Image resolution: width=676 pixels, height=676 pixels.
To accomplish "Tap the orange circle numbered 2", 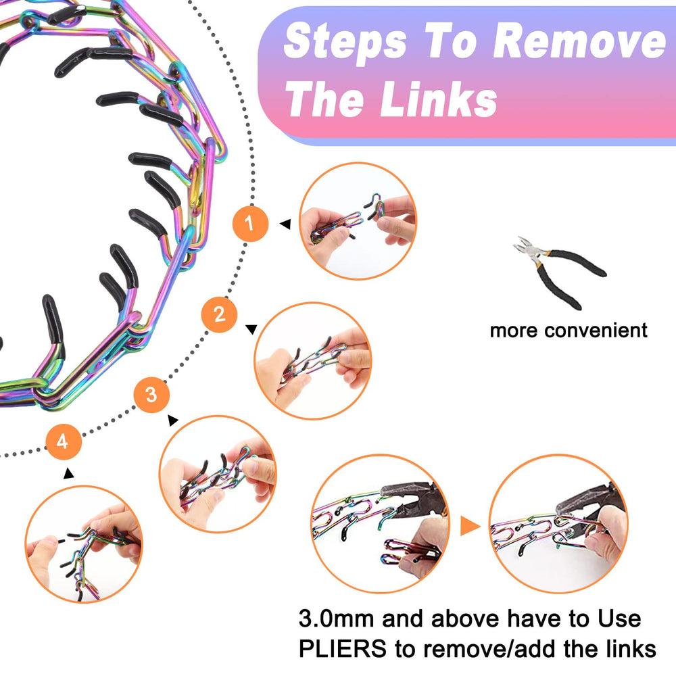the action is [220, 314].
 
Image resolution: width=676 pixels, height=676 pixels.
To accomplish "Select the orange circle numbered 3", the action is [151, 395].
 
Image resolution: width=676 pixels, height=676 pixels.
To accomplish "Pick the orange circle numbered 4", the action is [64, 442].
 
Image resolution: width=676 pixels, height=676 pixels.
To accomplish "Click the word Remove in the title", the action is [579, 42].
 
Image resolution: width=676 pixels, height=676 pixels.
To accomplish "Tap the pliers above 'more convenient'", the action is [560, 272].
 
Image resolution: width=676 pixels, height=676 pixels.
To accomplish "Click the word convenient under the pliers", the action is [596, 331].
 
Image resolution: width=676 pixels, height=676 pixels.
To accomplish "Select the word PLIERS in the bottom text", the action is [342, 648].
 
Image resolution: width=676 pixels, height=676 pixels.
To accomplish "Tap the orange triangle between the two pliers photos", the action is [470, 525].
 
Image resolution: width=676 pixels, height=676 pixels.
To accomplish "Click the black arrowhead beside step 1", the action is [285, 224].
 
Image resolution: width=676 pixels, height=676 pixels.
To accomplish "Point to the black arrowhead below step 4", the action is [68, 473].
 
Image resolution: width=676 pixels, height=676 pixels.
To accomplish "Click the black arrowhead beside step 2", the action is [251, 329].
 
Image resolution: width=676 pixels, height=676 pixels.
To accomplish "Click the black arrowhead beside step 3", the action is [173, 420].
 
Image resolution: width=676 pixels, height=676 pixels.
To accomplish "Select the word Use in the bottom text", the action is [619, 619].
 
